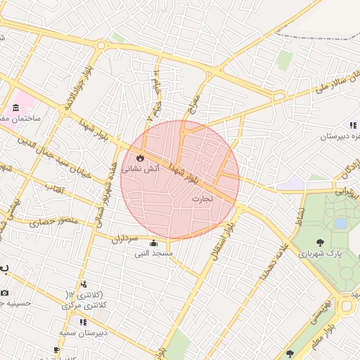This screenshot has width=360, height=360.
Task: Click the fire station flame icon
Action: (x=140, y=157)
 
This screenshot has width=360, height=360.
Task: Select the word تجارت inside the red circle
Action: (x=202, y=199)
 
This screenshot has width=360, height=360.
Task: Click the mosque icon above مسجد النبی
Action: (x=153, y=243)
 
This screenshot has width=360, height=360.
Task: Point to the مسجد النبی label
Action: (x=153, y=253)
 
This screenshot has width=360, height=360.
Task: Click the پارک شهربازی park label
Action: (x=321, y=252)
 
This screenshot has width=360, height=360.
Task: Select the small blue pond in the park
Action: (x=341, y=223)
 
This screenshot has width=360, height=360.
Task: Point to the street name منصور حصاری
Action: (x=51, y=223)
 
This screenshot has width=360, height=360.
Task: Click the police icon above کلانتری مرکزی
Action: (x=84, y=284)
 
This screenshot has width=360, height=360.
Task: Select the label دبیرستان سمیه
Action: (x=82, y=332)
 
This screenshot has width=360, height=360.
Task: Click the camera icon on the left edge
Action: (x=4, y=292)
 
